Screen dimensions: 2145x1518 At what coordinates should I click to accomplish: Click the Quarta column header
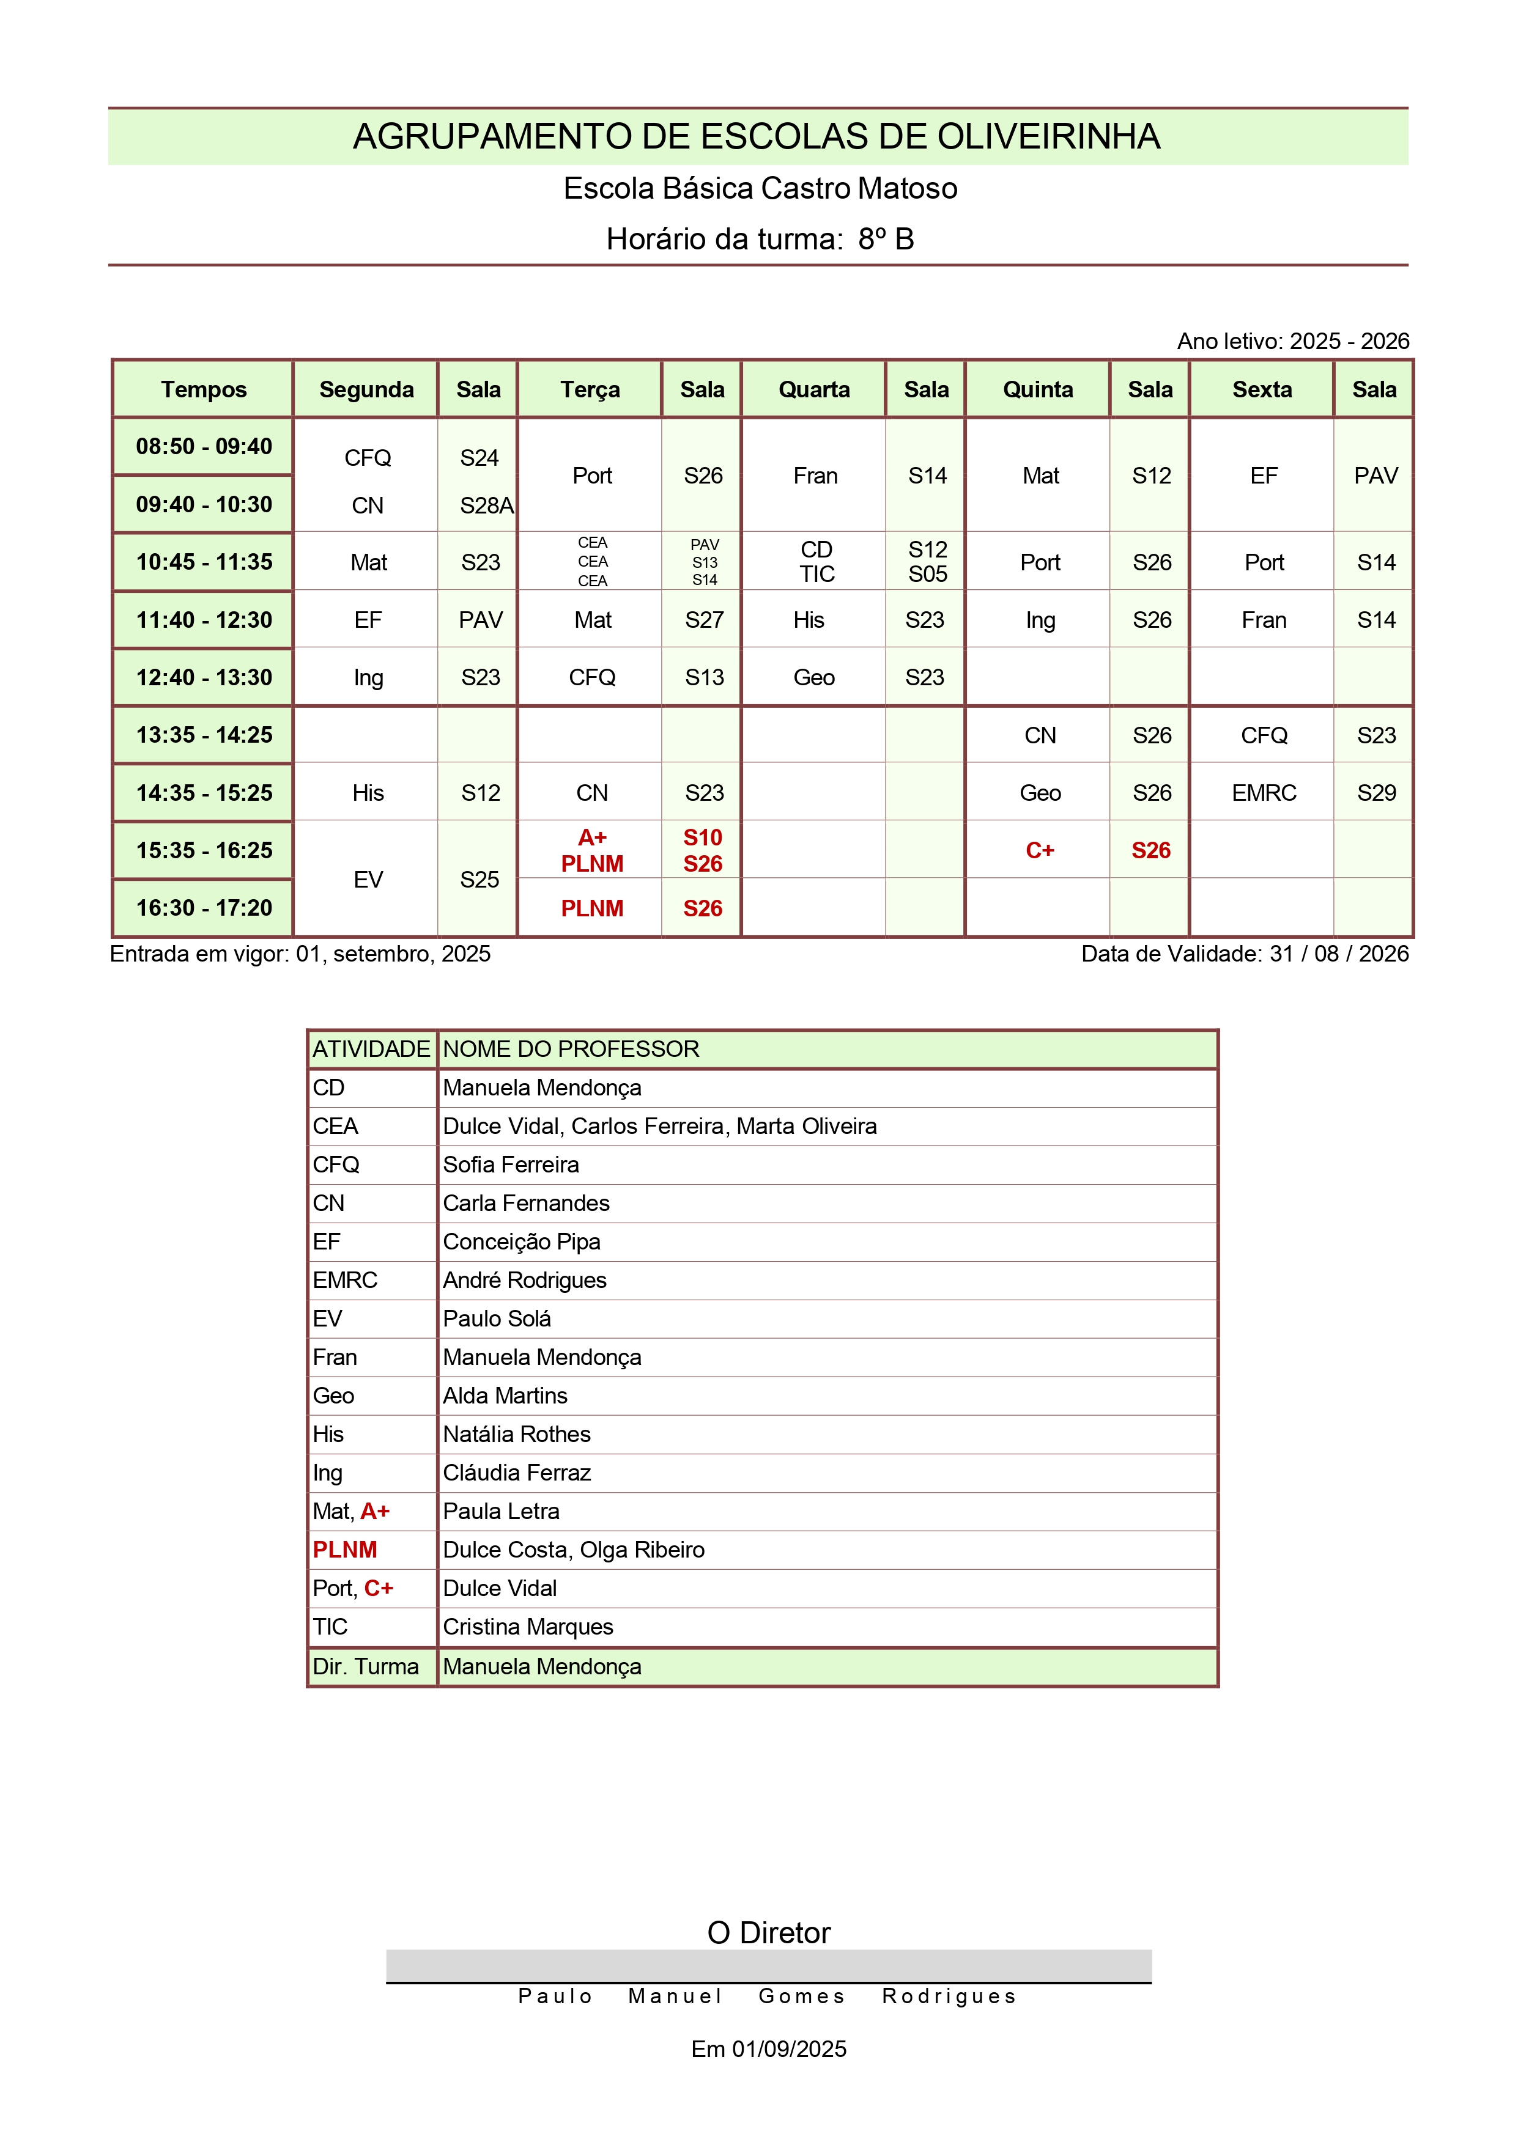(x=814, y=389)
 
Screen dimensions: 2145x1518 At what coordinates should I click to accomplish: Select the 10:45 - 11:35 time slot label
(x=204, y=562)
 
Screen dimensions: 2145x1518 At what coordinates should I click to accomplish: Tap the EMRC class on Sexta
(x=1264, y=793)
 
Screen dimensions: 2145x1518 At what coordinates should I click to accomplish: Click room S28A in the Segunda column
(x=486, y=506)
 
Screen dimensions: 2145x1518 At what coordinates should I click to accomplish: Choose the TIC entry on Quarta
(x=817, y=575)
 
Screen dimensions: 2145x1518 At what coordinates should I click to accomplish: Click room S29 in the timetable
(x=1376, y=793)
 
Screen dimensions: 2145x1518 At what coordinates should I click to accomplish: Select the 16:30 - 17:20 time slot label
(x=204, y=908)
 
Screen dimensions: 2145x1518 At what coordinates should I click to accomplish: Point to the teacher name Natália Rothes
(x=517, y=1434)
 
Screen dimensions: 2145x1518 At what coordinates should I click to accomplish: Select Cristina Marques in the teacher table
(x=528, y=1627)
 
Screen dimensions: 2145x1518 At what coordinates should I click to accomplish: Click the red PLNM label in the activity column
(x=345, y=1550)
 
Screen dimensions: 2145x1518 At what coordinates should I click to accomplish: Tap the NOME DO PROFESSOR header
(x=571, y=1049)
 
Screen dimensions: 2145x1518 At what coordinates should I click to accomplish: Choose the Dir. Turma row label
(x=366, y=1667)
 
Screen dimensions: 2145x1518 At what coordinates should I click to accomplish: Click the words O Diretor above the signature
(x=768, y=1933)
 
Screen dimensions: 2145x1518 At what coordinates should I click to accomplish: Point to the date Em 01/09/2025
(x=768, y=2049)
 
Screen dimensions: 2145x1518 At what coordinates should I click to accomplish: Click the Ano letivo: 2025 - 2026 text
(x=1293, y=342)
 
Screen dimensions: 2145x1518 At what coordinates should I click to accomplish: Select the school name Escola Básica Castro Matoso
(x=760, y=189)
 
